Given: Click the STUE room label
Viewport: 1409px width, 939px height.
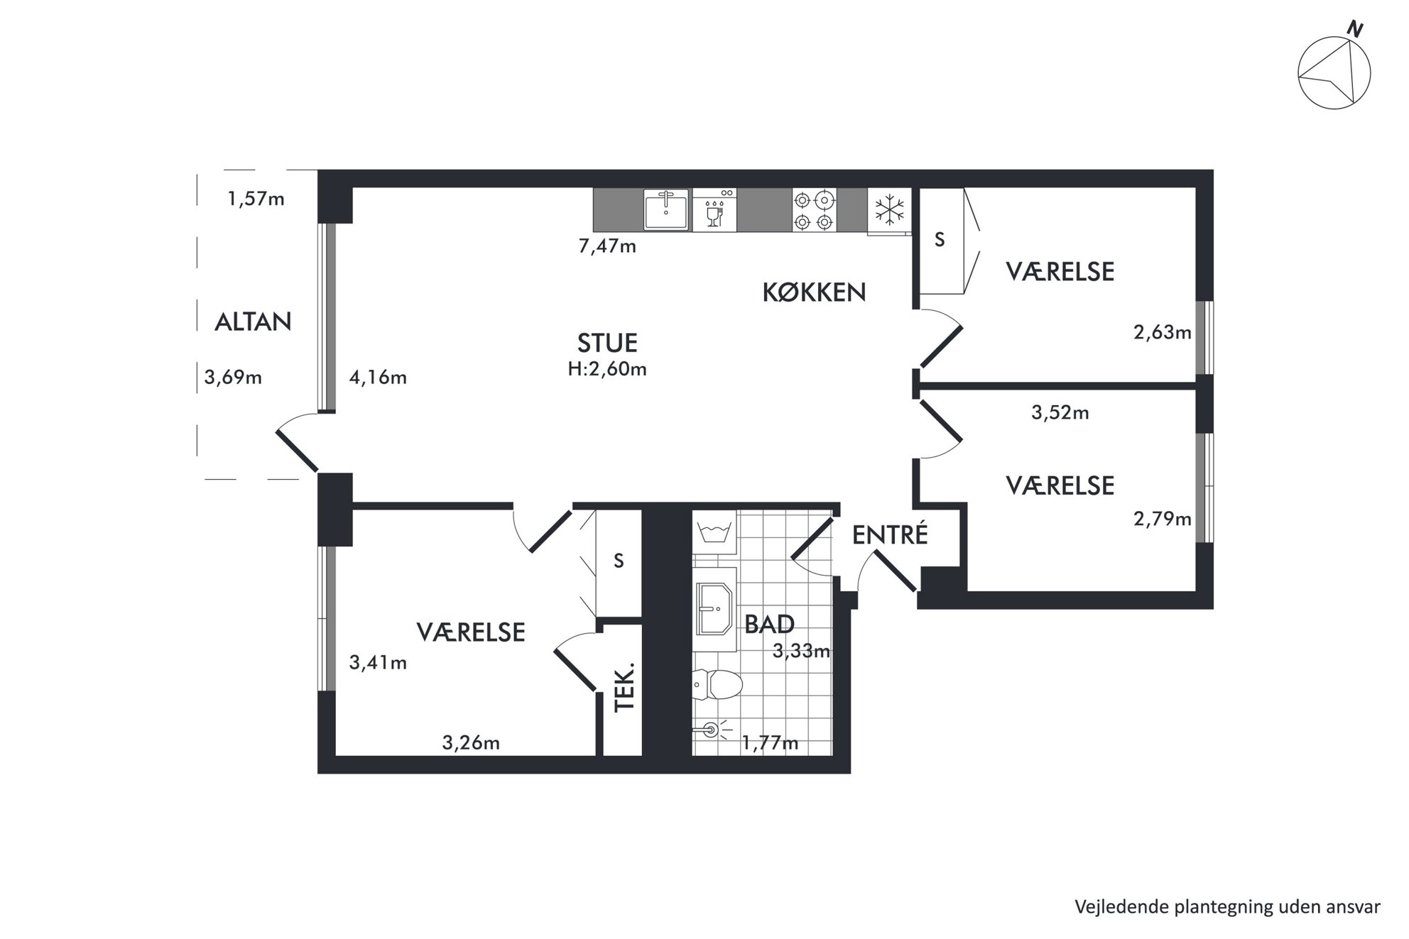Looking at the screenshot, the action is pyautogui.click(x=607, y=343).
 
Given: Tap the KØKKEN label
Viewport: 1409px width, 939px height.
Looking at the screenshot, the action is pyautogui.click(x=814, y=292).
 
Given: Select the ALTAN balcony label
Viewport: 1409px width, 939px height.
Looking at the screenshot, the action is pyautogui.click(x=253, y=322).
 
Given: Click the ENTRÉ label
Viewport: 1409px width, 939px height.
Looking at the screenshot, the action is pyautogui.click(x=890, y=534).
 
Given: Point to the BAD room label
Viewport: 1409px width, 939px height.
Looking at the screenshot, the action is pyautogui.click(x=769, y=624).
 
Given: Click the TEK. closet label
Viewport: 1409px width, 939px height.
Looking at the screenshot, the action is pyautogui.click(x=624, y=688).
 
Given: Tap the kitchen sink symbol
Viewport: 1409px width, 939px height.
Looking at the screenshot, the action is pyautogui.click(x=666, y=209).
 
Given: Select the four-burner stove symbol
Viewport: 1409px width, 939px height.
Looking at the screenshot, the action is pyautogui.click(x=814, y=210).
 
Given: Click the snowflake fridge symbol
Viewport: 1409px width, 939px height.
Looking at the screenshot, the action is pyautogui.click(x=889, y=210).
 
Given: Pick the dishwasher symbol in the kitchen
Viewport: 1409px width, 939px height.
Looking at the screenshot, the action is pyautogui.click(x=714, y=209).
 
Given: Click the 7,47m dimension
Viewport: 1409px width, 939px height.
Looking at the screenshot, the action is pyautogui.click(x=607, y=246).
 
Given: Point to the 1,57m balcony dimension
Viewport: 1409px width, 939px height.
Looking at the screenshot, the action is pyautogui.click(x=256, y=199).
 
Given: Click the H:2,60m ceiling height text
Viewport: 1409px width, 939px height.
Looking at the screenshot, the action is pyautogui.click(x=607, y=369).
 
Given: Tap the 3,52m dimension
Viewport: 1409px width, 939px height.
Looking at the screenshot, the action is pyautogui.click(x=1060, y=412).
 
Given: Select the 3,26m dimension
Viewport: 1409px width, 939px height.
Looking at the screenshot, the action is pyautogui.click(x=471, y=742).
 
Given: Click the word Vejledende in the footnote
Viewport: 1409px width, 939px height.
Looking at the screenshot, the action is pyautogui.click(x=1115, y=907).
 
